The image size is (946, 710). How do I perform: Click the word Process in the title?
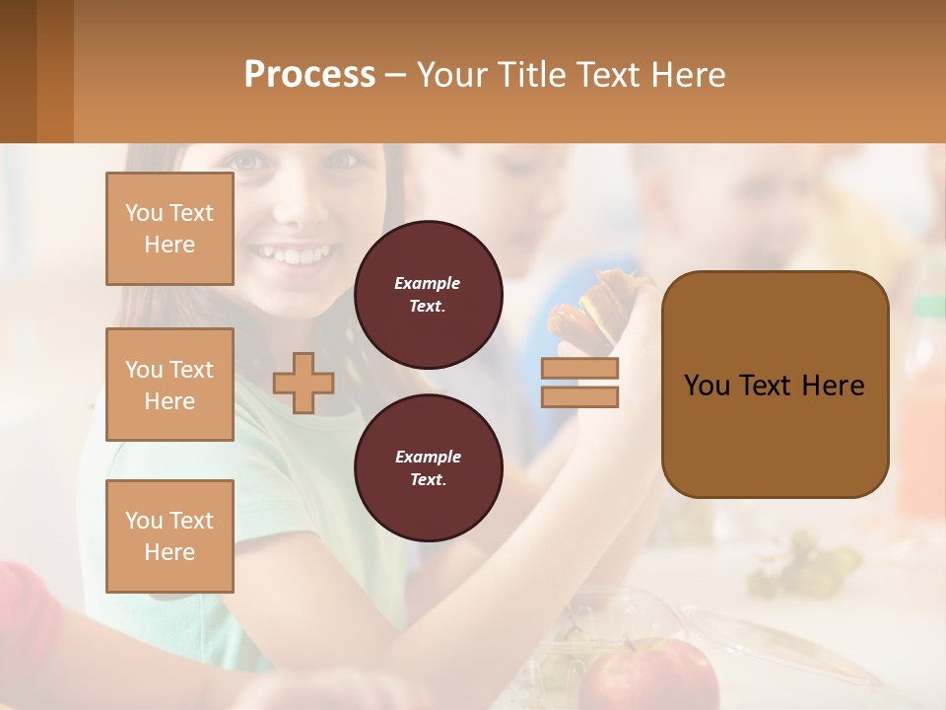[x=309, y=75]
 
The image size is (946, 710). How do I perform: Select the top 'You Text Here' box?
[x=169, y=229]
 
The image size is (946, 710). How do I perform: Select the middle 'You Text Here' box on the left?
[x=169, y=385]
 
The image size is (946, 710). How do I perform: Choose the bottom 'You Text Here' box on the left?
[x=169, y=536]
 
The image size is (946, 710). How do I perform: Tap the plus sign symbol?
[x=304, y=383]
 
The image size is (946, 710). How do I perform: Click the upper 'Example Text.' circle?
[x=428, y=295]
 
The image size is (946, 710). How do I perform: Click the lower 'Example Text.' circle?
[x=428, y=468]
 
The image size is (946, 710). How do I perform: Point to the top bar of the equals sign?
[x=579, y=369]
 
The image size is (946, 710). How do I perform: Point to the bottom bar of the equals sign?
[x=579, y=396]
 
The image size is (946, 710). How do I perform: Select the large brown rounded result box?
[x=775, y=385]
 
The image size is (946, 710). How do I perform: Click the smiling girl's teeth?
[x=292, y=256]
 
